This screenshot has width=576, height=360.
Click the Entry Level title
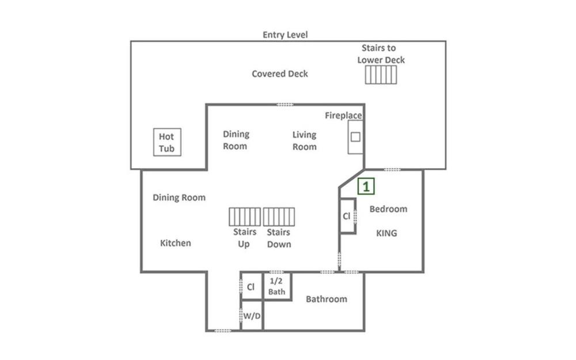(x=285, y=35)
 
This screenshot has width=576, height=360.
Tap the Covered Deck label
(x=280, y=74)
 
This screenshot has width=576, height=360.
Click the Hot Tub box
(x=167, y=142)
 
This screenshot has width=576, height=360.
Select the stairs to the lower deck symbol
(x=381, y=75)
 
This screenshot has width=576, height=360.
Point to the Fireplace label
(x=343, y=116)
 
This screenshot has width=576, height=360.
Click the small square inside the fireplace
(x=355, y=137)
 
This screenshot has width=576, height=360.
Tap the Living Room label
(x=305, y=141)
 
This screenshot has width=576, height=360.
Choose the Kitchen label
(x=176, y=243)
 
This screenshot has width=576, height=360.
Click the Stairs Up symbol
(x=245, y=217)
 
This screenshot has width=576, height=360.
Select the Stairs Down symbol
(x=279, y=217)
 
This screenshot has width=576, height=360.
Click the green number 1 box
(x=366, y=186)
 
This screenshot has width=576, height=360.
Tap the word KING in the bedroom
(x=386, y=233)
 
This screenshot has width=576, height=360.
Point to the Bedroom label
(x=388, y=209)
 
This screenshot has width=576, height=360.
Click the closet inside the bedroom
(x=347, y=216)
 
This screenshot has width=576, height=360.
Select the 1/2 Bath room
(x=277, y=286)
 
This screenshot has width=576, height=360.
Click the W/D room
(x=252, y=316)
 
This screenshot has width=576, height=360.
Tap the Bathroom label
(x=327, y=299)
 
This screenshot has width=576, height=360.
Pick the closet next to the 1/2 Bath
(x=251, y=286)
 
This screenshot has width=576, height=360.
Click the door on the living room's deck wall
(x=285, y=105)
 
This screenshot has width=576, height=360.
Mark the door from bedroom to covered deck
(x=392, y=170)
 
